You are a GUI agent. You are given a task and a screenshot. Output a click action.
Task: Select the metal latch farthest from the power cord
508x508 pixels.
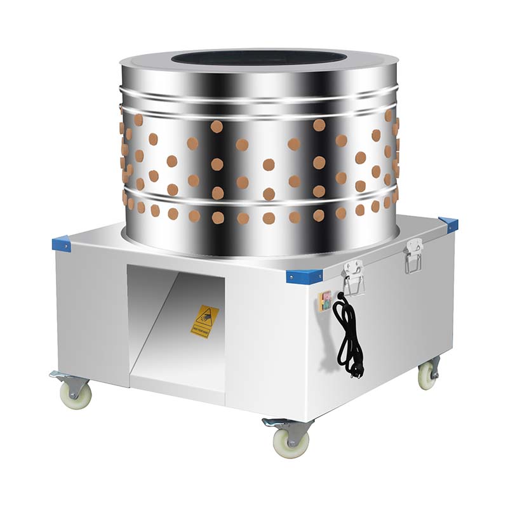tap(413, 255)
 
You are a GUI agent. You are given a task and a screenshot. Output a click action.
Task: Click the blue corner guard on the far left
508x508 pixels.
tap(61, 244)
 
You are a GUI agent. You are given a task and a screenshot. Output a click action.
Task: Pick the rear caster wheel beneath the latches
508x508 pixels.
tap(427, 376)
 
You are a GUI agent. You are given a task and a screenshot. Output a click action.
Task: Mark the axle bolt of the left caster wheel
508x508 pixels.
tap(76, 395)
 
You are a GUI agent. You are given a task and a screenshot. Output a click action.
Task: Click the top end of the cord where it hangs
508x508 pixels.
tap(341, 296)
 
